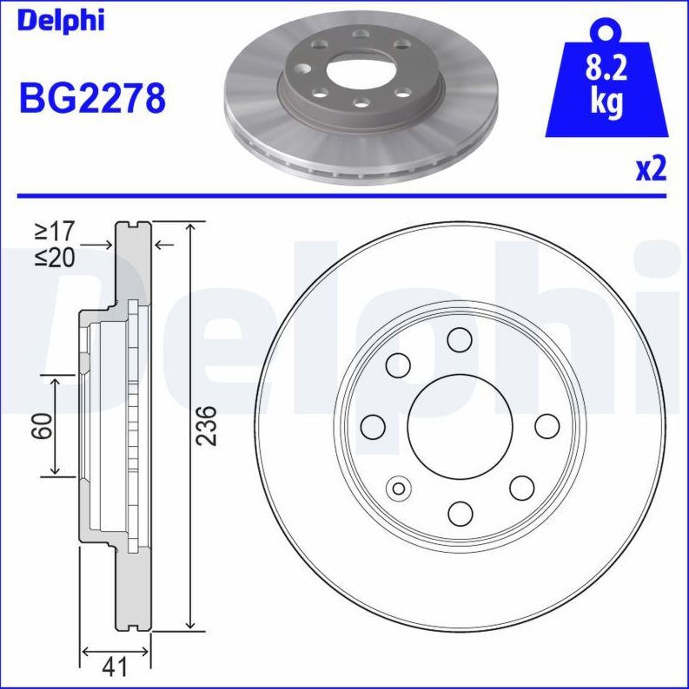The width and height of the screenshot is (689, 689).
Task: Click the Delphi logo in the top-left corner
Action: coord(60,20)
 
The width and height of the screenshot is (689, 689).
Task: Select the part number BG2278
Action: coord(92,100)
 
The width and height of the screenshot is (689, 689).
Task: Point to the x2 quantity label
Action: coord(650,168)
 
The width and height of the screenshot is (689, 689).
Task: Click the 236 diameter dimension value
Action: coord(207,425)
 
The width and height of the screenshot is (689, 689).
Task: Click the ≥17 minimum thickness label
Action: coord(54,232)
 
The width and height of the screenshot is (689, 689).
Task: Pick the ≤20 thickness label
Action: coord(54,258)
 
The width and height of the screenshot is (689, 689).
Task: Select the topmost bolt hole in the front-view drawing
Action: coord(460,339)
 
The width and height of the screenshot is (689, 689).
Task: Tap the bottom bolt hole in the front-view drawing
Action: coord(460,512)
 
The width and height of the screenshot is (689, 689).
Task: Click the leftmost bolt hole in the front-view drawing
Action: coord(373,426)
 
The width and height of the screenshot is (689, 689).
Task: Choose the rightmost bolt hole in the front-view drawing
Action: coord(547,426)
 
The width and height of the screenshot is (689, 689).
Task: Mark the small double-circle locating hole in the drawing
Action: coord(399,488)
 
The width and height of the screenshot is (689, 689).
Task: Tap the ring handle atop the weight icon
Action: coord(606,30)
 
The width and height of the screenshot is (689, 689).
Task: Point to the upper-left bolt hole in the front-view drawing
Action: coord(398,364)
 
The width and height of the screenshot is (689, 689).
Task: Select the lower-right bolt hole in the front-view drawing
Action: coord(521,488)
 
